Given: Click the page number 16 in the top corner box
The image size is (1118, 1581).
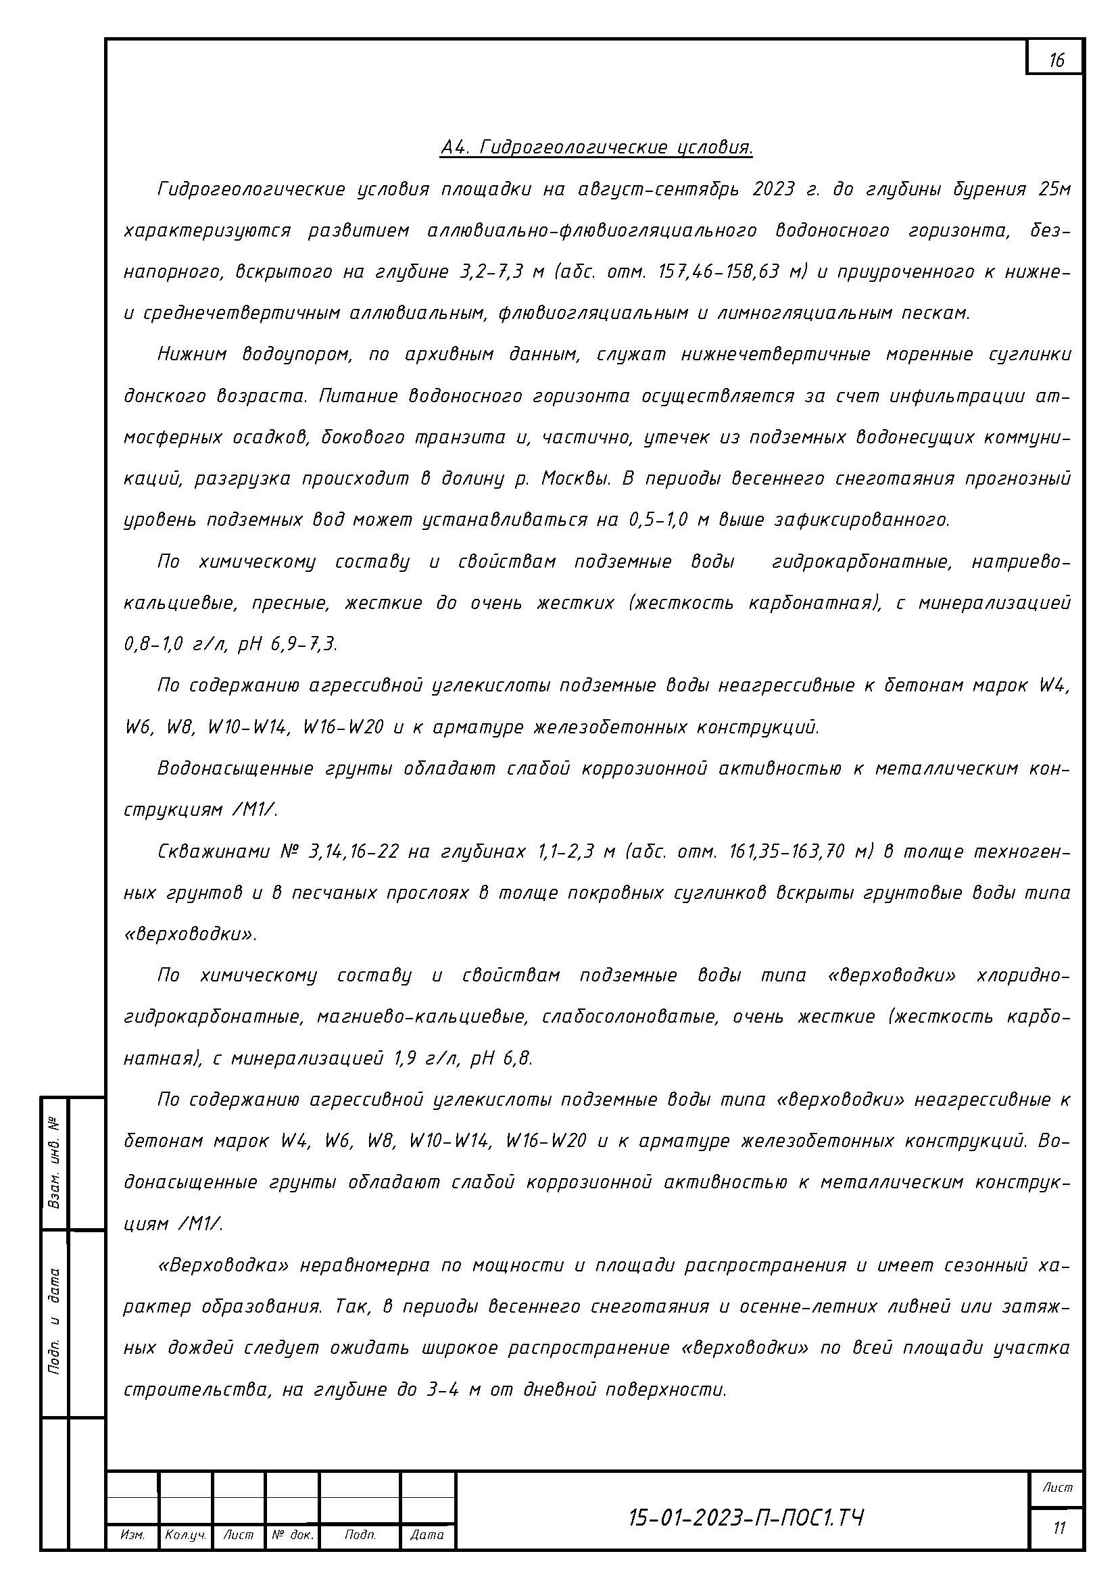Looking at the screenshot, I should pyautogui.click(x=1056, y=61).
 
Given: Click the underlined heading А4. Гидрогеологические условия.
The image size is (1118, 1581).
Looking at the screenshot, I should pyautogui.click(x=596, y=147).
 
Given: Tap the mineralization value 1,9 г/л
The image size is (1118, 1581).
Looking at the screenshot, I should pyautogui.click(x=425, y=1059).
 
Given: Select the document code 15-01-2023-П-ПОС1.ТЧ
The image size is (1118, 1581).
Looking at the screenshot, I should pyautogui.click(x=746, y=1517).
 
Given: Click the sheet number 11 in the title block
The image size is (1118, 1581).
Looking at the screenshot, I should pyautogui.click(x=1059, y=1529).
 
